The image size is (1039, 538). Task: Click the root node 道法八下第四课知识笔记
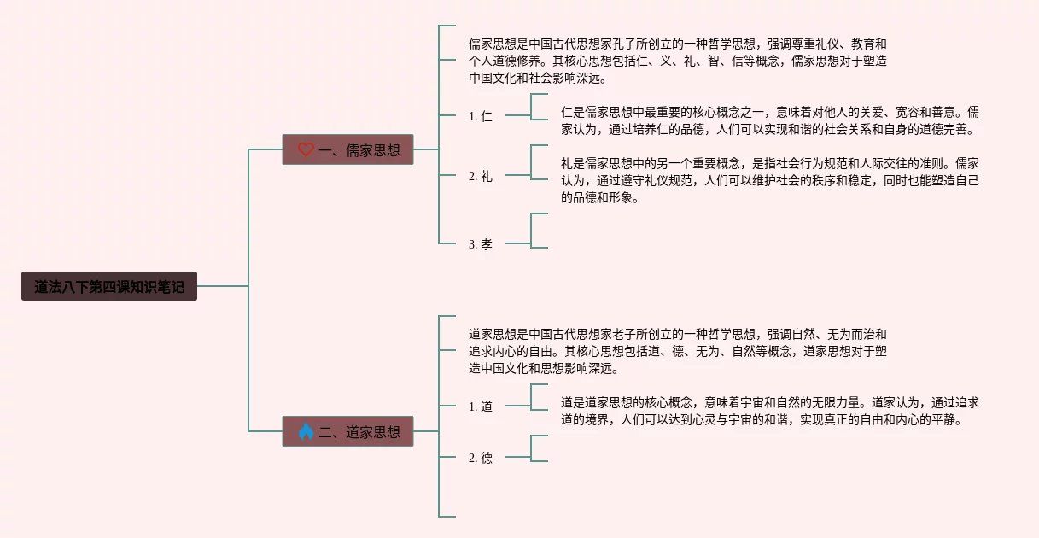pos(109,286)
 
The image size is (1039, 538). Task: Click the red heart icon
pos(306,149)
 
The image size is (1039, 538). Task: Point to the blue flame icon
pos(306,431)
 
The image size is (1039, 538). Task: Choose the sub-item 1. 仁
pos(481,116)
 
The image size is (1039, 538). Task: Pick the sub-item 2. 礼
pos(481,176)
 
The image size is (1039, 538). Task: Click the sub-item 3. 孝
pos(481,244)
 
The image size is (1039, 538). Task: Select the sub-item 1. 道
pos(481,406)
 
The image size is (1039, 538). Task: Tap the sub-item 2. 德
pos(481,458)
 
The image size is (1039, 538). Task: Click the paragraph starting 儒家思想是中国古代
pos(678,61)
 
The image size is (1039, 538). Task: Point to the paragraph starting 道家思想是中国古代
pos(678,351)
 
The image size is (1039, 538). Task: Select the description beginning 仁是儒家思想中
pos(769,120)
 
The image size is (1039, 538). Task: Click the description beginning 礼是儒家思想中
pos(769,180)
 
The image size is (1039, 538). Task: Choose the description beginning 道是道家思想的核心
pos(769,411)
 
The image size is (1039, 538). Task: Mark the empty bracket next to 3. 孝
pos(538,231)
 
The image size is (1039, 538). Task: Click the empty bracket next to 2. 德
pos(538,448)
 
